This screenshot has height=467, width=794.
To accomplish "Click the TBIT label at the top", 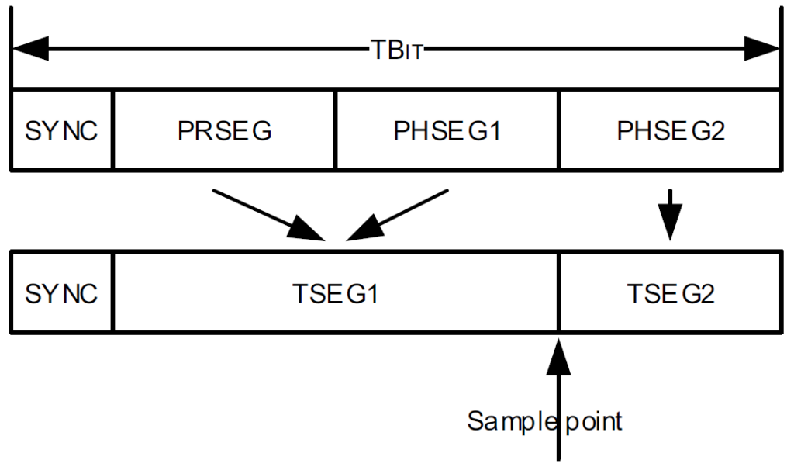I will coord(395,50).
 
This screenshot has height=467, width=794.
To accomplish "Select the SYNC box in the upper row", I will coord(61,130).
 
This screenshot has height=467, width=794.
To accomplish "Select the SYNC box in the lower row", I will coord(61,294).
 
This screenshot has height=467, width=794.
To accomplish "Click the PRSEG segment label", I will coord(224,130).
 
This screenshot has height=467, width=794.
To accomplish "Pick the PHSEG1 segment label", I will coord(447,130).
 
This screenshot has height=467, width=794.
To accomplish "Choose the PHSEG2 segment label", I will coord(671,130).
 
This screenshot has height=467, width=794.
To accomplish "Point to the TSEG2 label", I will coord(671,294).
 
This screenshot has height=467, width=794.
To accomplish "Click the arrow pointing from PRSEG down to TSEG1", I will coord(268,213).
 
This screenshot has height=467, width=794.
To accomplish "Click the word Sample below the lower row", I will coord(507,420).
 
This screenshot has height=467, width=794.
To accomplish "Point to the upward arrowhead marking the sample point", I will coord(558,354).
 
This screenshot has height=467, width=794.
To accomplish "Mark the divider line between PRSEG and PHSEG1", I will coord(335,130).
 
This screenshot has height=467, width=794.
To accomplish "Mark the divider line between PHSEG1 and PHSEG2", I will coord(558,130).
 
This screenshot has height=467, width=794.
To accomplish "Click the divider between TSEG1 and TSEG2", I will coord(558,293).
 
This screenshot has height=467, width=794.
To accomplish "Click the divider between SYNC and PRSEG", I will coord(113,130).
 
